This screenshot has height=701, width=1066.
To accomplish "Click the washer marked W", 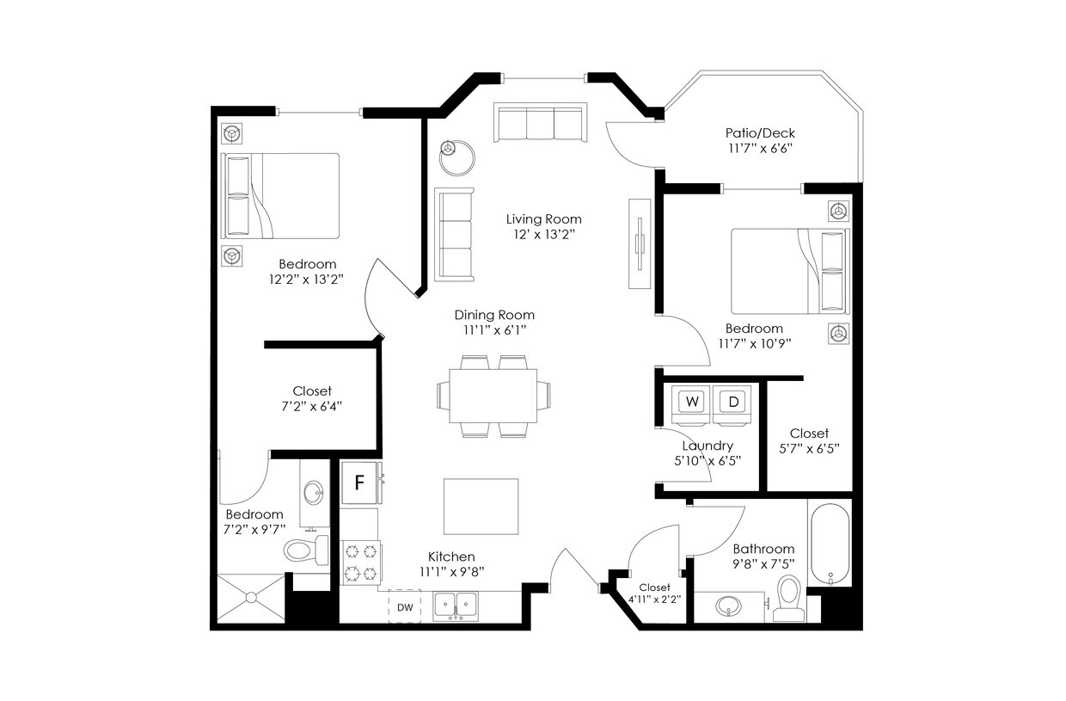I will coord(691,402).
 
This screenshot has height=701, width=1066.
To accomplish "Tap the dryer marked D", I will coord(732,402).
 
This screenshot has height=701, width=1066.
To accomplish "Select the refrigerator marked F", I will coord(360,483).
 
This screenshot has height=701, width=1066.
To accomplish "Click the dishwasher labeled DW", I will coord(405,606).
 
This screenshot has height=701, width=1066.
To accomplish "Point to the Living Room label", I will coord(543,219).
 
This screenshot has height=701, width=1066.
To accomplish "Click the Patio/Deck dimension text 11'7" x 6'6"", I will coord(759,148).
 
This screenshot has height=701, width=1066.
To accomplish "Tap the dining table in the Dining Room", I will coord(493,395).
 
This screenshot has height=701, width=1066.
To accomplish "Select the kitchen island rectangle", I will coord(481,507).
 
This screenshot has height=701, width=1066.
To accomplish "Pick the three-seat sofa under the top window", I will coord(540,122).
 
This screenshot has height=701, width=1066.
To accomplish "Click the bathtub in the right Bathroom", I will coord(830,544).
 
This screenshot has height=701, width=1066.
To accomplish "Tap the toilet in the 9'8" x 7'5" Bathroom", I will coord(787,598).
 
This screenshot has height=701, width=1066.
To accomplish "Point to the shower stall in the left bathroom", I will coord(251,597).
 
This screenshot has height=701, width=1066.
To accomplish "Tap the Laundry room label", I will coord(708,446).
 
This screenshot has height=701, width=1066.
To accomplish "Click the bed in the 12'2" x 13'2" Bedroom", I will coord(281,196).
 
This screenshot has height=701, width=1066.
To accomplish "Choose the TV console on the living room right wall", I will coord(640,244).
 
